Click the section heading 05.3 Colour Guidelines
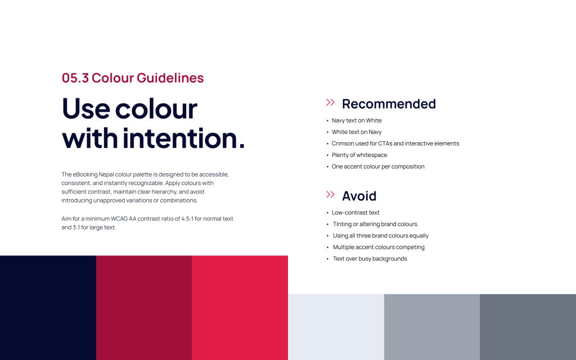(x=133, y=78)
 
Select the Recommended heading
(x=389, y=104)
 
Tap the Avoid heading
(x=359, y=196)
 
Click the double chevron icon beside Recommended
(x=330, y=102)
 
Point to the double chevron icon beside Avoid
(x=330, y=194)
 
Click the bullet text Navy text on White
(x=356, y=120)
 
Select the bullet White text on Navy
(x=356, y=132)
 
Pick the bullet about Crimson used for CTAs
(x=395, y=143)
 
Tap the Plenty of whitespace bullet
(x=359, y=155)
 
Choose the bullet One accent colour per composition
(x=378, y=166)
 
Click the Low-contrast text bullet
(x=355, y=213)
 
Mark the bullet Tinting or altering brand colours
(x=375, y=224)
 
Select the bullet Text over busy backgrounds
(x=370, y=259)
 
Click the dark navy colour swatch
(x=48, y=308)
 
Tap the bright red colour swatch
(x=240, y=308)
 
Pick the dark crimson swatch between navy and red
(x=144, y=308)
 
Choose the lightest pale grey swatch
(x=336, y=327)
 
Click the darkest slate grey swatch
(x=528, y=327)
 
